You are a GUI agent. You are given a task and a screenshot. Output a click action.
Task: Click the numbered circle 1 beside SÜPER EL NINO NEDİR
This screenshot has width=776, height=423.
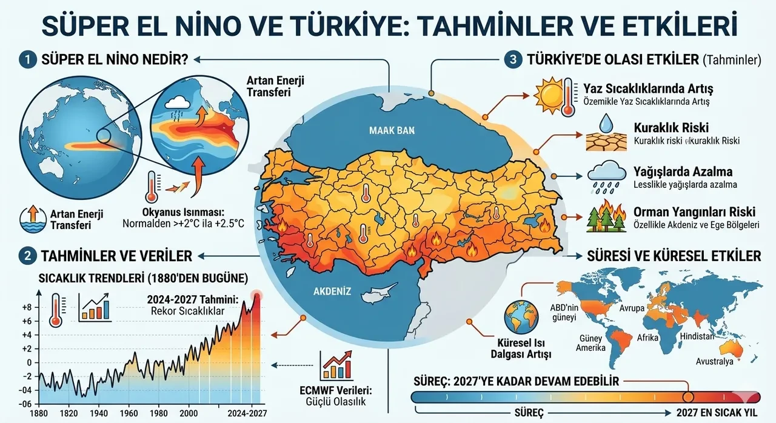pyautogui.click(x=27, y=59)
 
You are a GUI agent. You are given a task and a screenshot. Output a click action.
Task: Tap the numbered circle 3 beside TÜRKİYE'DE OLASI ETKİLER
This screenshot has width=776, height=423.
pyautogui.click(x=513, y=59)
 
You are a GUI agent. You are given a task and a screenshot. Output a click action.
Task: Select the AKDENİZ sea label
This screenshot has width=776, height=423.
pyautogui.click(x=332, y=291)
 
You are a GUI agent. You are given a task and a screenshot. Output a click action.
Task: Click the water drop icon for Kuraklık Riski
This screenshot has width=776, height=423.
pyautogui.click(x=606, y=125)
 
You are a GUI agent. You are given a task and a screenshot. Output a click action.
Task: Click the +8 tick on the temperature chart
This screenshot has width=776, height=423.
pyautogui.click(x=26, y=307)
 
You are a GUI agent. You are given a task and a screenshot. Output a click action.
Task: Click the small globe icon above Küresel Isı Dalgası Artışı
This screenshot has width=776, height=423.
pyautogui.click(x=518, y=315)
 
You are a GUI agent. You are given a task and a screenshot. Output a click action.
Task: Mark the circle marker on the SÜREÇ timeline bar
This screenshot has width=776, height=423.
pyautogui.click(x=688, y=397)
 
